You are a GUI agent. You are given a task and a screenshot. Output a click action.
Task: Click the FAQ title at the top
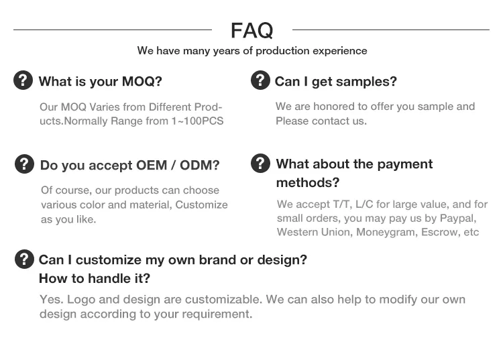pyautogui.click(x=251, y=30)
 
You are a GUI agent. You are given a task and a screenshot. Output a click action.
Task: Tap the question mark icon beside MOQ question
pyautogui.click(x=23, y=80)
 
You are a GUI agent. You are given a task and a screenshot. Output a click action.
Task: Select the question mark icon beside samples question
pyautogui.click(x=260, y=80)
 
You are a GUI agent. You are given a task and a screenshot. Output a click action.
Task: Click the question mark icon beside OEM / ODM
pyautogui.click(x=24, y=164)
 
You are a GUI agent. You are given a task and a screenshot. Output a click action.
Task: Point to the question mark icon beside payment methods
pyautogui.click(x=260, y=163)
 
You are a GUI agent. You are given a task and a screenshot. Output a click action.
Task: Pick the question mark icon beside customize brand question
pyautogui.click(x=24, y=259)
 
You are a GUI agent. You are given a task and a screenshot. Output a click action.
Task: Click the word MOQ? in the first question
pyautogui.click(x=142, y=82)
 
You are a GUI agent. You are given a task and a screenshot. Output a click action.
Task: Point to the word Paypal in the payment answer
pyautogui.click(x=458, y=219)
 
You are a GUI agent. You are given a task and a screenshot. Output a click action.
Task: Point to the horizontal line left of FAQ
pyautogui.click(x=112, y=29)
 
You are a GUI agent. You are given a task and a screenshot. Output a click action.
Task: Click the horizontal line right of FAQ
pyautogui.click(x=390, y=29)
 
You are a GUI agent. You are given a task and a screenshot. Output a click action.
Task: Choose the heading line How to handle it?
pyautogui.click(x=95, y=278)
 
